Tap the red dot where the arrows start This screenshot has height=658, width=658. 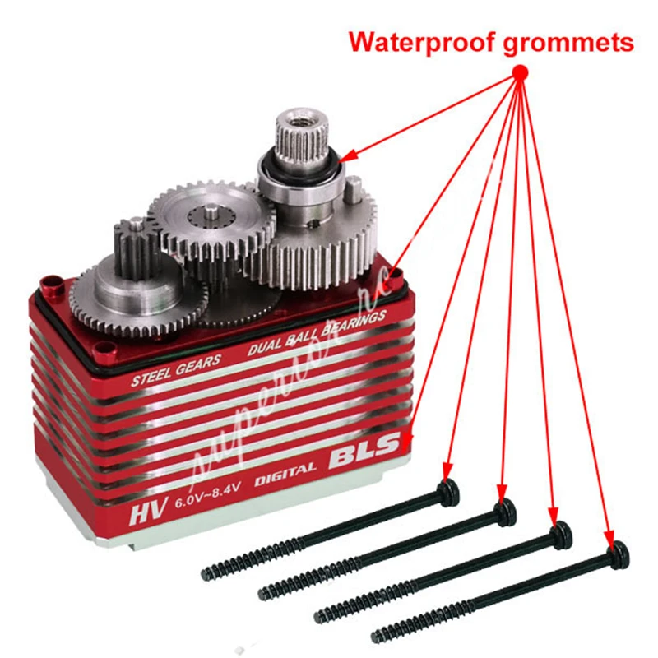(x=520, y=72)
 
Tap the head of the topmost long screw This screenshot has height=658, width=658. (x=448, y=491)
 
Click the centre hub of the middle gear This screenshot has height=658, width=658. (x=206, y=216)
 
